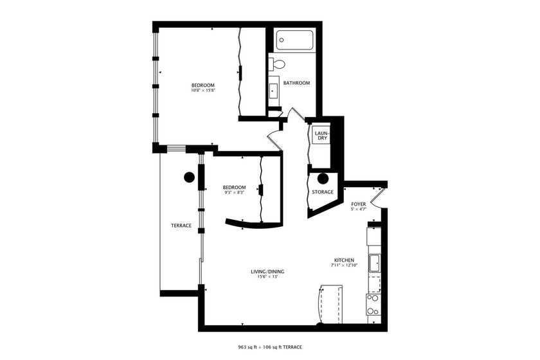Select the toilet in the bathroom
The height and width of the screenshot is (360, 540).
pos(278,64)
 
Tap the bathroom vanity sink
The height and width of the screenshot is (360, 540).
pos(273,91)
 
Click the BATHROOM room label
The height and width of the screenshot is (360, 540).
pos(297,83)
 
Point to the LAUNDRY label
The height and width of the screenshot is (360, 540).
pos(320,136)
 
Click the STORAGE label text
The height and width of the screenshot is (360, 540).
pos(323,192)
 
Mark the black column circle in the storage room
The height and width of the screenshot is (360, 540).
pos(323,179)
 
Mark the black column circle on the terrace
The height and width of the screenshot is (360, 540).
pos(189,177)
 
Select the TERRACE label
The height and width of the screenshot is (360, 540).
pos(181,226)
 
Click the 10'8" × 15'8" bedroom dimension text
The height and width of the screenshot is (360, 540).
pos(203,91)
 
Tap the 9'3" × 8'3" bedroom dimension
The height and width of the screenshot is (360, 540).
pos(235,193)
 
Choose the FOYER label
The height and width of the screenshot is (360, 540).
pos(358,204)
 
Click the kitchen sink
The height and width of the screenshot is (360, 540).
pos(374,263)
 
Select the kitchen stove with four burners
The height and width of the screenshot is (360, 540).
pos(373,303)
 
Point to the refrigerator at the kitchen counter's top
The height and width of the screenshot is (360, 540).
pos(374,235)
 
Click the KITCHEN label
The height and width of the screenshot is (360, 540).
pos(344,260)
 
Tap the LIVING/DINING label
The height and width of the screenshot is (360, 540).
pos(267,271)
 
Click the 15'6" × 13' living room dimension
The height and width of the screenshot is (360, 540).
pos(267,277)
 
